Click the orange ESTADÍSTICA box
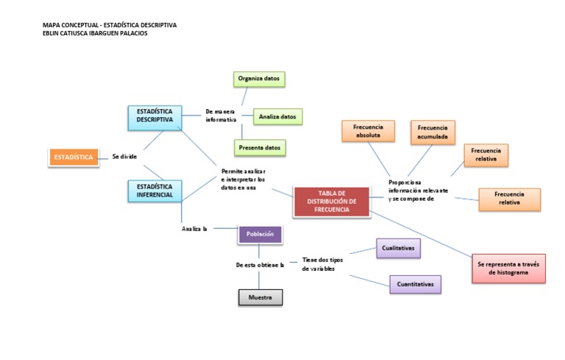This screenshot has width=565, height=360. click(x=73, y=157)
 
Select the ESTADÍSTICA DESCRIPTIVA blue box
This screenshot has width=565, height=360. click(x=154, y=116)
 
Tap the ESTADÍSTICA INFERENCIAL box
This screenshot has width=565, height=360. click(x=154, y=191)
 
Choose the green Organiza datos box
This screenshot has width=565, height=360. click(x=259, y=79)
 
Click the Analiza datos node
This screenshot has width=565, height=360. click(x=278, y=116)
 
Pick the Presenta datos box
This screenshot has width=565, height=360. click(x=260, y=148)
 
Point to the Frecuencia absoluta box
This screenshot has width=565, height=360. click(x=368, y=131)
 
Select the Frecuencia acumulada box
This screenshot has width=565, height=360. click(x=433, y=131)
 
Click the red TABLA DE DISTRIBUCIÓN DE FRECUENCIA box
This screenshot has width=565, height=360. click(x=331, y=202)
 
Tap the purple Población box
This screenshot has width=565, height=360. click(x=260, y=234)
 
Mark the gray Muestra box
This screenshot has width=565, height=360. click(x=260, y=297)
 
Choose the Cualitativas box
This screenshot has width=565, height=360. click(x=398, y=249)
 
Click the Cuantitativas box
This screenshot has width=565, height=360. click(x=415, y=284)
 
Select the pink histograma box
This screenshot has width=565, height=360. click(x=508, y=268)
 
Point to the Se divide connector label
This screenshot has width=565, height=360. click(x=124, y=157)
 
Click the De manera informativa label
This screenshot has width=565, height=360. click(x=221, y=116)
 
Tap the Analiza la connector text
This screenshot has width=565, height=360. click(x=194, y=229)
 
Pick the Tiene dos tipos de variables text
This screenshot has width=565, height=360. click(x=322, y=264)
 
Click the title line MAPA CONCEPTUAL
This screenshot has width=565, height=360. click(x=110, y=25)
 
